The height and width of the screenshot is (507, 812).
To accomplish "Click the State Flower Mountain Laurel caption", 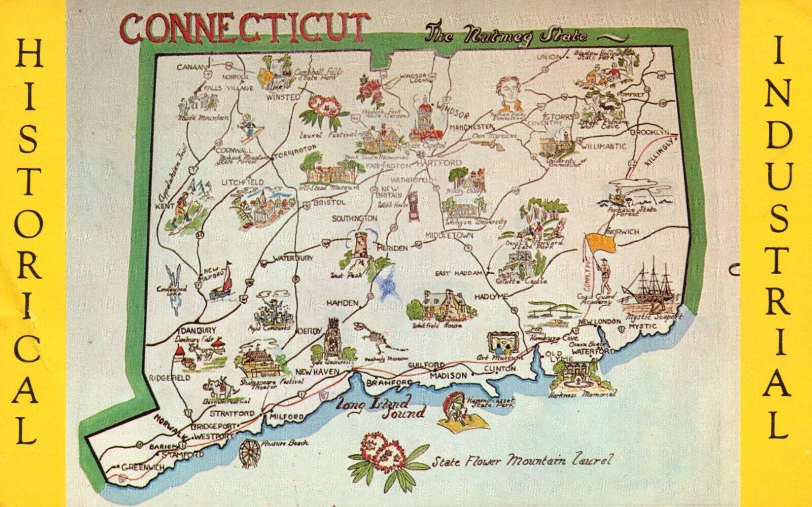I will pos(518,462).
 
